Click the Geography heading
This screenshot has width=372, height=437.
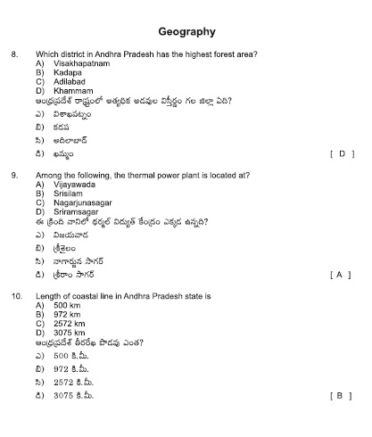(186, 31)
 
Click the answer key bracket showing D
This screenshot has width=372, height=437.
(342, 153)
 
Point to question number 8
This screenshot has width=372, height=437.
(15, 55)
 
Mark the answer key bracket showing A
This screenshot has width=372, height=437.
(342, 274)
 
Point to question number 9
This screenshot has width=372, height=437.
(15, 176)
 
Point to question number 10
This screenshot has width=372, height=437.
(17, 296)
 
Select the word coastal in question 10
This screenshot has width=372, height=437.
(79, 296)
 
